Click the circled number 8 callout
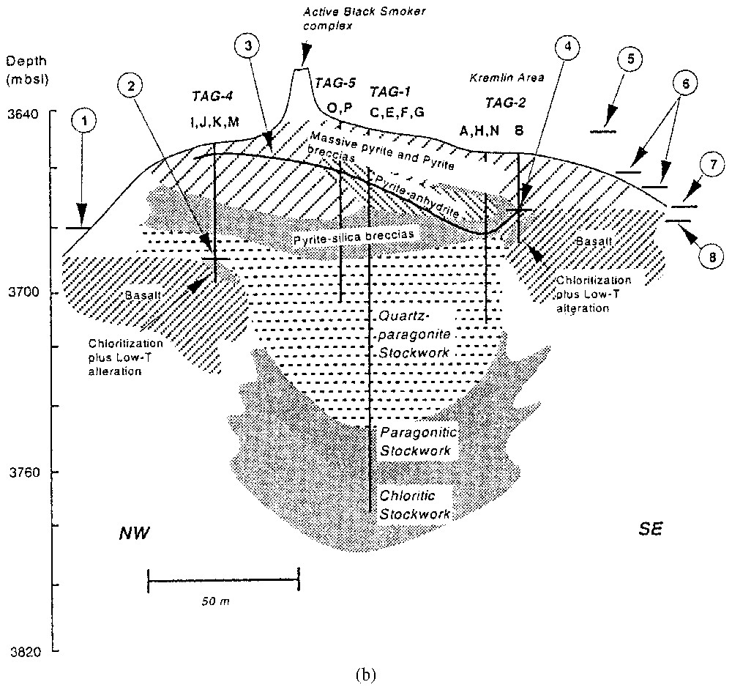coord(709,256)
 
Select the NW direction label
coord(135,533)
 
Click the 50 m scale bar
coord(223,582)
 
